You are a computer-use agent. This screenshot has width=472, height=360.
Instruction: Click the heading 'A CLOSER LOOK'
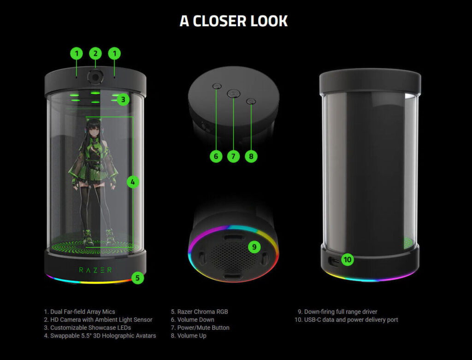pos(234,21)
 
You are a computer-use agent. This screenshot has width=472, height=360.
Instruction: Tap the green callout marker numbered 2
pos(95,53)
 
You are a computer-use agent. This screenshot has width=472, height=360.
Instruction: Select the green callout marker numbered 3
pos(123,99)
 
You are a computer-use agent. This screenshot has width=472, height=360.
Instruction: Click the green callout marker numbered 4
pos(132,182)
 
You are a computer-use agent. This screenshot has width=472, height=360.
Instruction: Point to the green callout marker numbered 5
pos(137,278)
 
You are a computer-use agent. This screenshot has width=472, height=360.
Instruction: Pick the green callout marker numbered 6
pos(216,156)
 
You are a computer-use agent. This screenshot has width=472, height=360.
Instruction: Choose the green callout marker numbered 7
pos(233,156)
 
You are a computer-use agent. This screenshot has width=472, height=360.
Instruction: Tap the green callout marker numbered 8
pos(251,156)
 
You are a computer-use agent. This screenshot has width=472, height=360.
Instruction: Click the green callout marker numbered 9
pos(254,247)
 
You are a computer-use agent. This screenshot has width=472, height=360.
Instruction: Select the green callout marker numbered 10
pos(348,260)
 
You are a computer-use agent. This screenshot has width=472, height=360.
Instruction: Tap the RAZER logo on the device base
pos(95,270)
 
